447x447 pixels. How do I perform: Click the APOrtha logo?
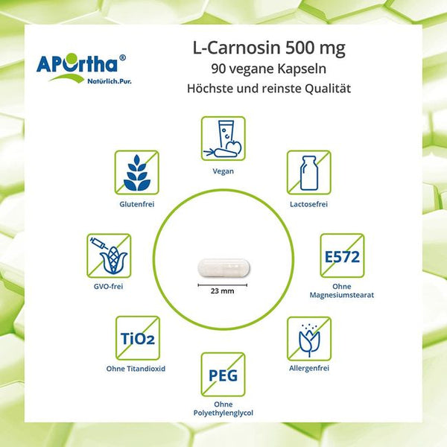point(81,69)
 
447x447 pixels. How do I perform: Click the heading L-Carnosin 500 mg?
point(269,48)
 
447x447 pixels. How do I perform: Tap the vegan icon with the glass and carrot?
point(223,139)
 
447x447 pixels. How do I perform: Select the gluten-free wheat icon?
point(137,173)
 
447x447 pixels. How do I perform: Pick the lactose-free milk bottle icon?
point(309,173)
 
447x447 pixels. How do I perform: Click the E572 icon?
point(342,256)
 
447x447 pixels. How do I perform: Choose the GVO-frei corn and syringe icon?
point(109,256)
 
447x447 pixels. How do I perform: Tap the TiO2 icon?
point(138,337)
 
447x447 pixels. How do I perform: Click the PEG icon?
point(223,374)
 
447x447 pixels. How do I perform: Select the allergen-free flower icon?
point(309,338)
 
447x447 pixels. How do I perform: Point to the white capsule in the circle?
point(224,267)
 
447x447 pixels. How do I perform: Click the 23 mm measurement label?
point(222,291)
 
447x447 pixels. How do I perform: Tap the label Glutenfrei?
point(137,204)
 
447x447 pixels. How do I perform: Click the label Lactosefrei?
point(308,204)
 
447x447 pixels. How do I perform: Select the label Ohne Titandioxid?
point(136,369)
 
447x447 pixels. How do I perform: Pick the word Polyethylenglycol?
point(223,413)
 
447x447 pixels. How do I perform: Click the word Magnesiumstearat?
point(342,295)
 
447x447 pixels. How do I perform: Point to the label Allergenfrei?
point(309,368)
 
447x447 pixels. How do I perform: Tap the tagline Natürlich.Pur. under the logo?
point(110,81)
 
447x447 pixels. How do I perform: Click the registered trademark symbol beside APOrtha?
point(122,57)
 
